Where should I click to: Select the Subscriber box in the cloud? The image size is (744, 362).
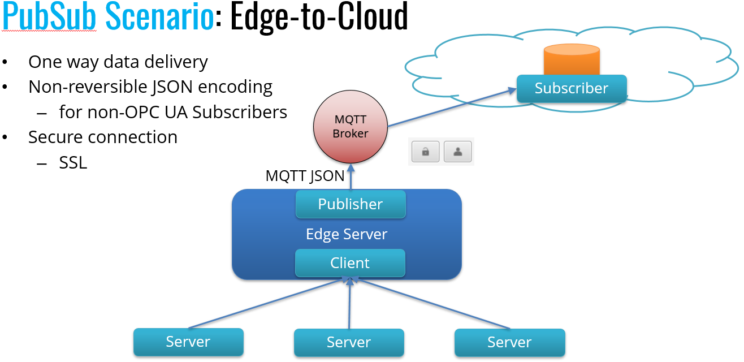click(x=571, y=89)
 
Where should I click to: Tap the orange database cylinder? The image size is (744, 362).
click(x=571, y=60)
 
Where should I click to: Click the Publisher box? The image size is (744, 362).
click(x=351, y=204)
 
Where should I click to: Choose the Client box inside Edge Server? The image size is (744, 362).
click(x=350, y=263)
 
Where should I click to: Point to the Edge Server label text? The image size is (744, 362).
click(x=346, y=234)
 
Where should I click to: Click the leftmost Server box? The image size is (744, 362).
click(x=188, y=342)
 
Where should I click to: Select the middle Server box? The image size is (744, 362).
click(x=349, y=342)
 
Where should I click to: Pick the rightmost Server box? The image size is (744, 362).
click(x=509, y=342)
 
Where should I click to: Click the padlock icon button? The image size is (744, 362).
click(x=425, y=152)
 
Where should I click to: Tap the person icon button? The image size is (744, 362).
click(x=457, y=152)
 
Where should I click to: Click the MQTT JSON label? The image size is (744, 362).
click(x=305, y=176)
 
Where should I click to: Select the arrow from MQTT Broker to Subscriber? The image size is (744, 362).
click(x=452, y=107)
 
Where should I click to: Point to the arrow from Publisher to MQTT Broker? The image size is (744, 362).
click(x=351, y=178)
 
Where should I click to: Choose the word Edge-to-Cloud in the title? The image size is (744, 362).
click(x=319, y=17)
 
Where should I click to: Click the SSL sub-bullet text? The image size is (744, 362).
click(x=73, y=163)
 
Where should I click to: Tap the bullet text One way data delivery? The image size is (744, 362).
click(x=118, y=62)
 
